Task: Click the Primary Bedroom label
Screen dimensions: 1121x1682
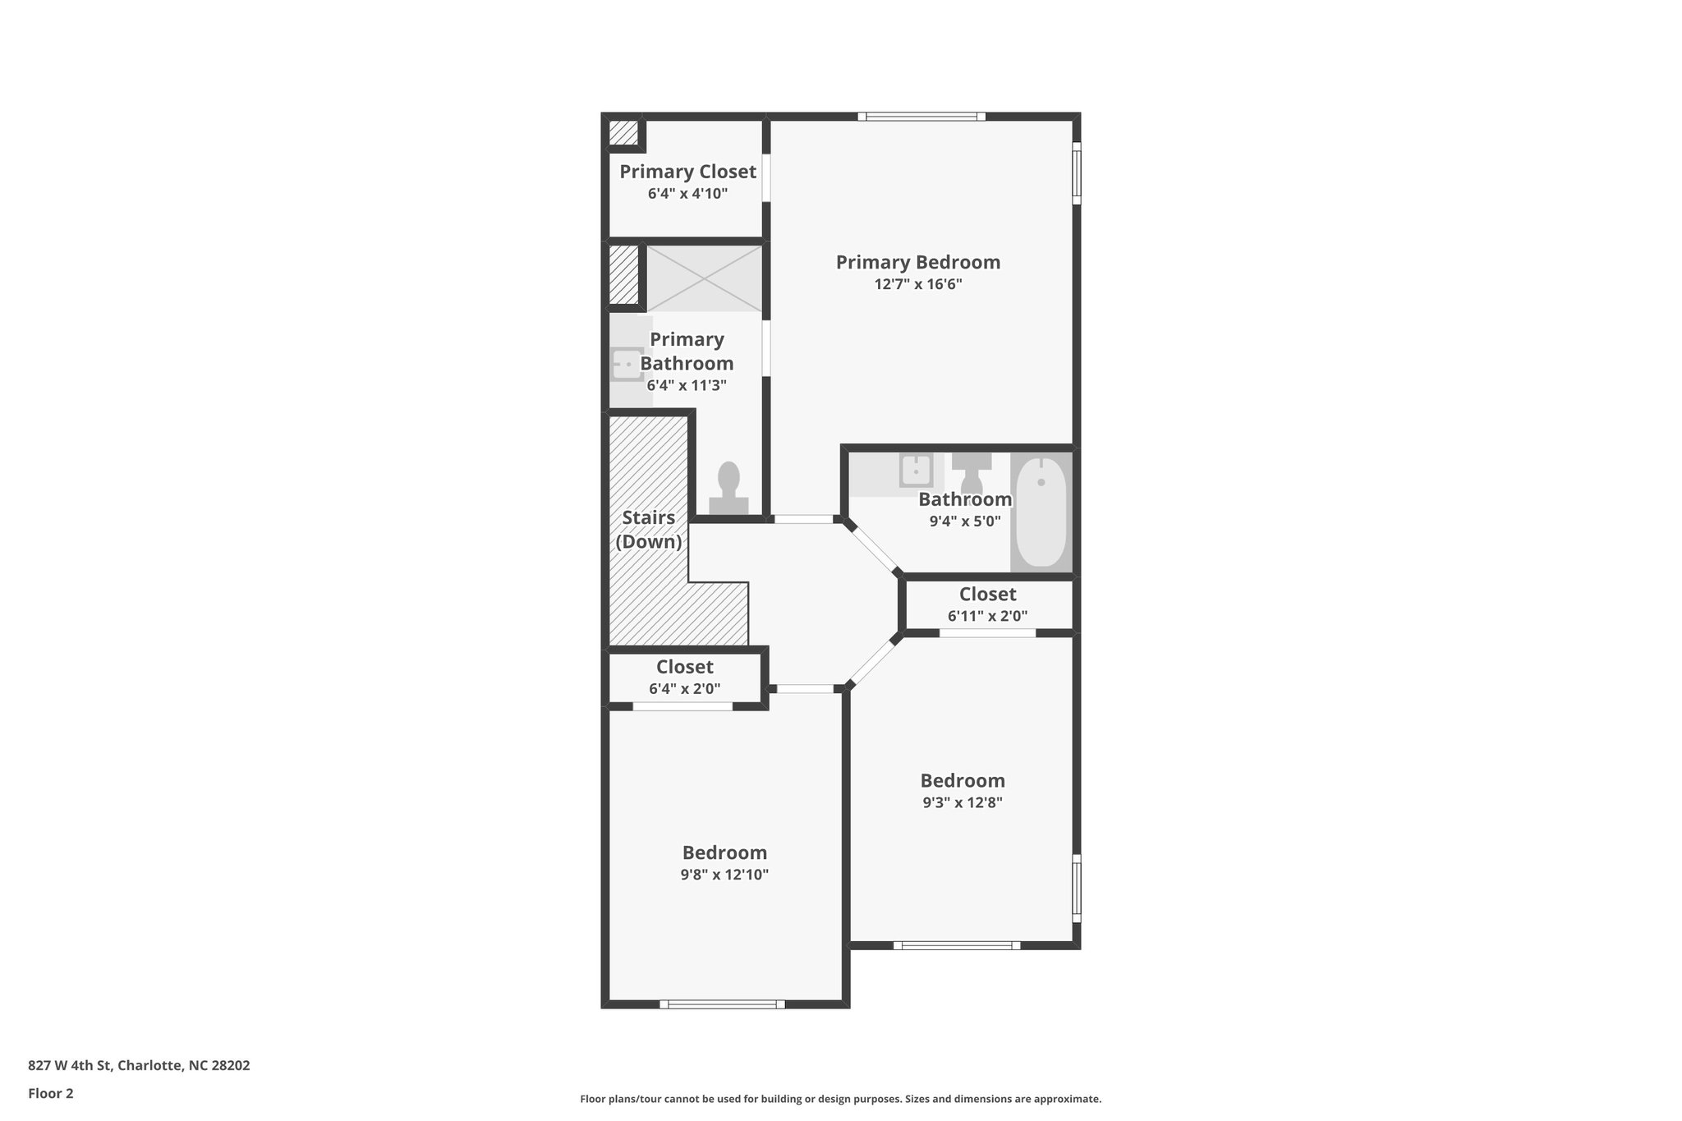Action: pyautogui.click(x=917, y=263)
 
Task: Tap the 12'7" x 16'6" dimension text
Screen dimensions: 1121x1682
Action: pyautogui.click(x=917, y=285)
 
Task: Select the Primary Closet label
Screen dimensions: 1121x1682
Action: pyautogui.click(x=687, y=172)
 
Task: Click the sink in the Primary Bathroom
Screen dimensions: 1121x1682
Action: pyautogui.click(x=627, y=363)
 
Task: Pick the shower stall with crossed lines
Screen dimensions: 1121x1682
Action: pyautogui.click(x=705, y=278)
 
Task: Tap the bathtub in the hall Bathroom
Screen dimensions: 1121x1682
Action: pyautogui.click(x=1041, y=512)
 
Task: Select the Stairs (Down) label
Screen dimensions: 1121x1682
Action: pyautogui.click(x=649, y=530)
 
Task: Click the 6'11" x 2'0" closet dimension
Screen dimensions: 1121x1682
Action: pyautogui.click(x=987, y=616)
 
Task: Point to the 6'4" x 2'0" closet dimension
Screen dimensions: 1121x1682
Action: pyautogui.click(x=684, y=689)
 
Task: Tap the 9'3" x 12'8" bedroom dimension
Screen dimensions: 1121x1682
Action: pyautogui.click(x=963, y=802)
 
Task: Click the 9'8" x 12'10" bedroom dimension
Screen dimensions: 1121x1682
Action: pyautogui.click(x=724, y=875)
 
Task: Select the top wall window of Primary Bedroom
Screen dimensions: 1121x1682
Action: pyautogui.click(x=921, y=117)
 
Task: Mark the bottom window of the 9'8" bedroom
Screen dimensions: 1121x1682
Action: pyautogui.click(x=723, y=1004)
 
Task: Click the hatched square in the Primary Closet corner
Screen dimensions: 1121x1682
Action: pyautogui.click(x=623, y=133)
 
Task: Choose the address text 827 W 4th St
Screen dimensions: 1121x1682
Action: pyautogui.click(x=139, y=1065)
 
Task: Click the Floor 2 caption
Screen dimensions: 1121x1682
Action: pyautogui.click(x=51, y=1093)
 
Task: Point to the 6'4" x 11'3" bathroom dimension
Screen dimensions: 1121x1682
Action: pyautogui.click(x=687, y=385)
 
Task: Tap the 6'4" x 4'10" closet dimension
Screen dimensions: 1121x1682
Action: pyautogui.click(x=687, y=194)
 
